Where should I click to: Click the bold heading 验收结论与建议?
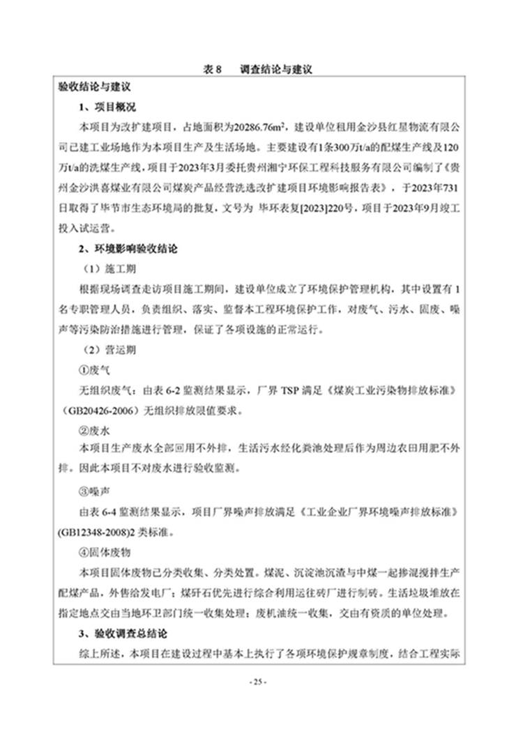pyautogui.click(x=96, y=89)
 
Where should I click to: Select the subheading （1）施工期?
pyautogui.click(x=105, y=268)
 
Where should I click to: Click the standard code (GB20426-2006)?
pyautogui.click(x=100, y=410)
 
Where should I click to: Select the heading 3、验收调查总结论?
pyautogui.click(x=123, y=634)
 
